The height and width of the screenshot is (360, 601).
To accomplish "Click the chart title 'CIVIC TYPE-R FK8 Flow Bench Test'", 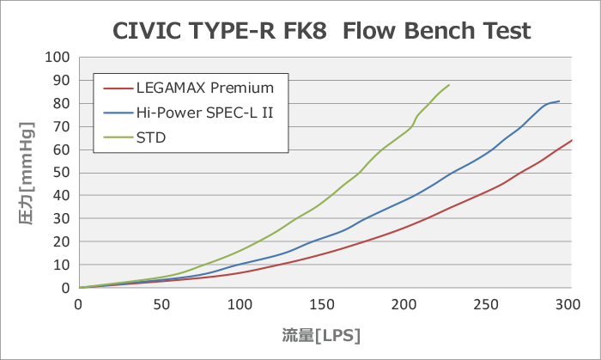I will pos(322,32).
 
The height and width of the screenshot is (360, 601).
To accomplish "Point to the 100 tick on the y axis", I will pos(58,58).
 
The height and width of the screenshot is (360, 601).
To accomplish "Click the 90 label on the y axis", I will pos(61,81).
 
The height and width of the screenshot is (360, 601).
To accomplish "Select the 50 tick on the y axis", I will pos(61,173).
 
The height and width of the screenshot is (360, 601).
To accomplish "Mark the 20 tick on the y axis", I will pos(61,242).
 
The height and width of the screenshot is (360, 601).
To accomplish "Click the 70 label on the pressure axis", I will pos(61,127).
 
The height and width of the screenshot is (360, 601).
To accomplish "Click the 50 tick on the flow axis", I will pos(161,303).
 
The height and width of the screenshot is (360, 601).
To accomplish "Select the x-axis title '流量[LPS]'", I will pos(323,333).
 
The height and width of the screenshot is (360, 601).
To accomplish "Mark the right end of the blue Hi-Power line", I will pos(559,101).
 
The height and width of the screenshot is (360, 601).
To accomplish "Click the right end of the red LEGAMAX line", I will pos(571,140).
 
